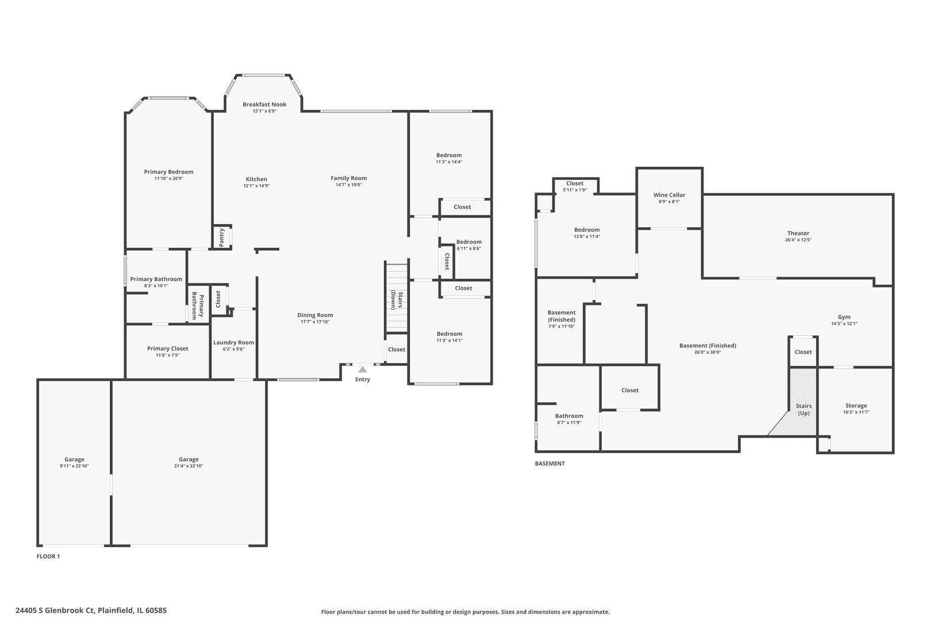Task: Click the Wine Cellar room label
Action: tap(669, 195)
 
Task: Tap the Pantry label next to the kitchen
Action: tap(222, 237)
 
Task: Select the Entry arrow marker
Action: tap(363, 370)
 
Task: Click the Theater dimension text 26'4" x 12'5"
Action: tap(798, 240)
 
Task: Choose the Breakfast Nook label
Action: tap(264, 104)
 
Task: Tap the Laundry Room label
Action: tap(233, 342)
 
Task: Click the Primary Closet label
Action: tap(167, 348)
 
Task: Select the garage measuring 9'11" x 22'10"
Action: tap(74, 462)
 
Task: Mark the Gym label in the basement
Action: tap(844, 317)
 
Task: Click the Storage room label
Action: tap(856, 405)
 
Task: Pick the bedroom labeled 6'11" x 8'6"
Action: tap(469, 245)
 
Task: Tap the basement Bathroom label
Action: tap(569, 416)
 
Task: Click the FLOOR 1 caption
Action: tap(48, 556)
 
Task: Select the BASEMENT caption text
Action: tap(550, 463)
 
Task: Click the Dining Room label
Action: tap(315, 315)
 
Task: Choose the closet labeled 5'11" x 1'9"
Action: tap(575, 186)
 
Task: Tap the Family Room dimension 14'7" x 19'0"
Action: tap(348, 185)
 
